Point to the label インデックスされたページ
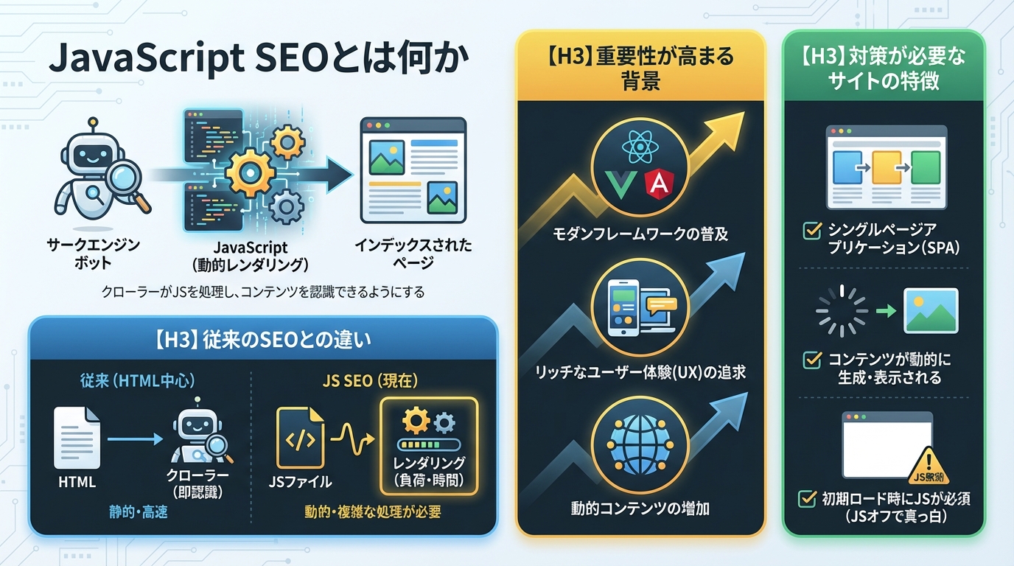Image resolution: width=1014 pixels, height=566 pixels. pyautogui.click(x=413, y=254)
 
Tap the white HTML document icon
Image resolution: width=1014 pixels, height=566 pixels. pyautogui.click(x=77, y=438)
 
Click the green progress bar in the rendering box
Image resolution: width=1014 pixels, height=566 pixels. pyautogui.click(x=427, y=445)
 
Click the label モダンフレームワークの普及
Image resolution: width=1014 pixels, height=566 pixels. pyautogui.click(x=640, y=235)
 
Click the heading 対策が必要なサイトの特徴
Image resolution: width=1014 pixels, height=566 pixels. pyautogui.click(x=884, y=68)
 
